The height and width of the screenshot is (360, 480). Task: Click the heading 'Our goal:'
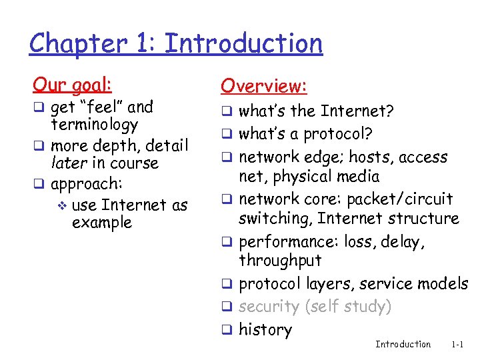click(x=73, y=85)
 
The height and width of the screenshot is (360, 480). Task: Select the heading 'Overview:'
click(x=263, y=86)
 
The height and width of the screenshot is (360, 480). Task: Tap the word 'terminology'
click(x=94, y=125)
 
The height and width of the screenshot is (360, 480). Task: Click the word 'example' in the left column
click(x=101, y=222)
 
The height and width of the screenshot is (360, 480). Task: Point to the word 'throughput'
click(x=280, y=260)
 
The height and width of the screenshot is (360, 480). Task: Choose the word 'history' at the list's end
click(x=265, y=329)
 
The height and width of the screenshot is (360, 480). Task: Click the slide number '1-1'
click(x=457, y=345)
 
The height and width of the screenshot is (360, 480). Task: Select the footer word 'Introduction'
click(x=403, y=345)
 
